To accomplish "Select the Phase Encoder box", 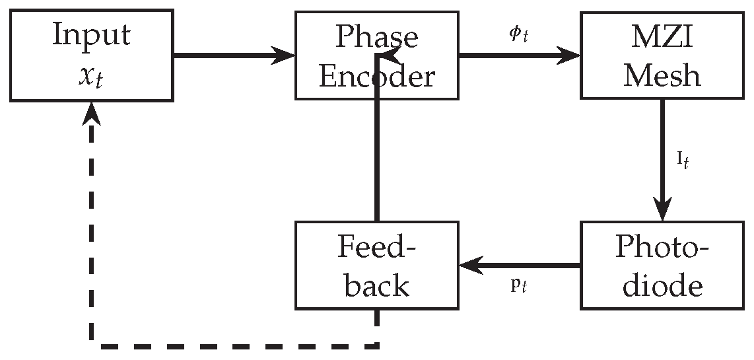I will coord(377,55).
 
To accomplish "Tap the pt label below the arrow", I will coord(519,289).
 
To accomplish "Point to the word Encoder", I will coord(377,76).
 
